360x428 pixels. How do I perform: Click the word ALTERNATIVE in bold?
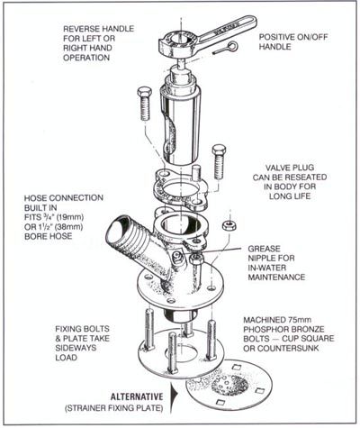coord(137,396)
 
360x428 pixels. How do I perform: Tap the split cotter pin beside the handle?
coord(226,49)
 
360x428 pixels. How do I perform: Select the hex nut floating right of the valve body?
coord(229,225)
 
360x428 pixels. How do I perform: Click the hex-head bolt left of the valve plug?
coord(144,104)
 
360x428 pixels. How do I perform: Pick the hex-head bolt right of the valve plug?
coord(219,161)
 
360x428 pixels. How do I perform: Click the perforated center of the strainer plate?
coord(229,384)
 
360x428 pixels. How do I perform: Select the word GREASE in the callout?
coord(264,249)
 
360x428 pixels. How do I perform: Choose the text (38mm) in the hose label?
coord(69,226)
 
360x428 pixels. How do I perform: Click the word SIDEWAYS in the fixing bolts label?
coord(76,348)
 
